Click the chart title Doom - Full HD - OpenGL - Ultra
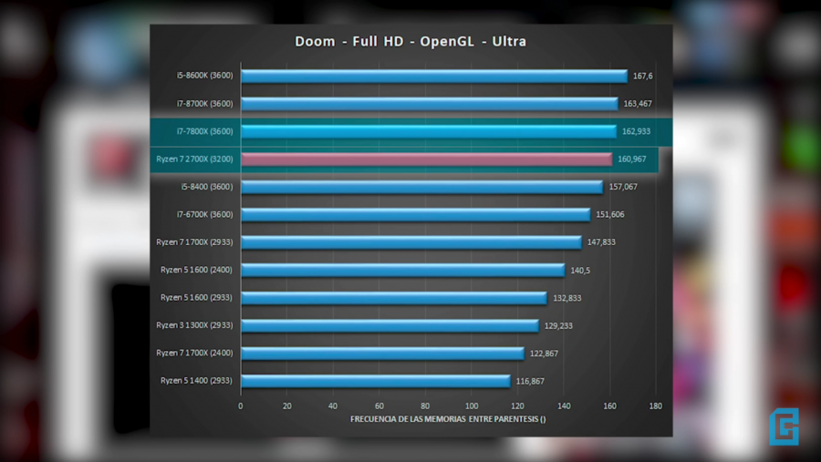click(410, 41)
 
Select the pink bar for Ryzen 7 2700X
click(426, 159)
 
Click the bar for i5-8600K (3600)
click(433, 77)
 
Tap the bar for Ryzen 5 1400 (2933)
click(375, 381)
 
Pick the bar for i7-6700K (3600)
click(415, 215)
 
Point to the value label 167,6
click(643, 77)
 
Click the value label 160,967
click(632, 159)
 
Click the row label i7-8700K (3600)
click(205, 104)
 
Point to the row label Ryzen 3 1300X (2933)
click(194, 325)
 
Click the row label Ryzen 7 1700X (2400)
click(194, 353)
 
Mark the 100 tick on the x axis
click(472, 406)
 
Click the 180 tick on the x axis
click(656, 406)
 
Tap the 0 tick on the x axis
click(241, 406)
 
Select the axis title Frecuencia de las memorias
click(448, 419)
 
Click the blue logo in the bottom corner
click(784, 426)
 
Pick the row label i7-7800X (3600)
click(205, 131)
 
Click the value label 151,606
click(610, 215)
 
